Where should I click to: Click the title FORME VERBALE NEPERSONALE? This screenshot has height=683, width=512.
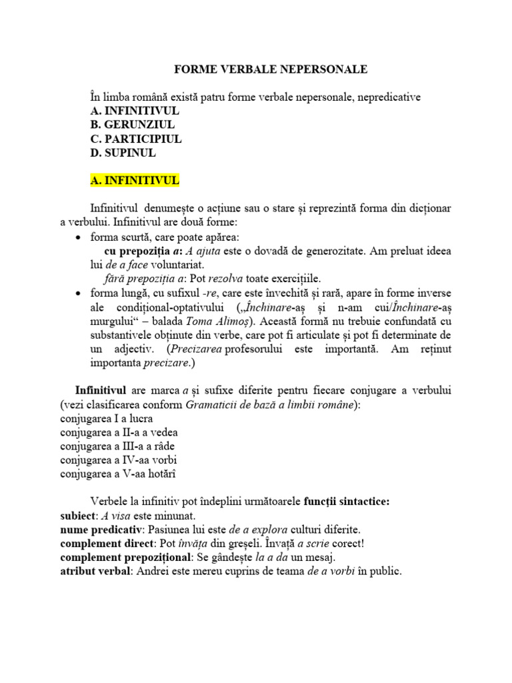point(270,69)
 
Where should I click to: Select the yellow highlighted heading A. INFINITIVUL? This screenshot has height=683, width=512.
point(135,181)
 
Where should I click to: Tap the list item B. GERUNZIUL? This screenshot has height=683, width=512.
point(133,125)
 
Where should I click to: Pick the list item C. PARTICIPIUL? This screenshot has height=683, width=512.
point(136,139)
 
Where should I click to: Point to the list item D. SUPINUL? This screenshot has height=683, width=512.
point(123,153)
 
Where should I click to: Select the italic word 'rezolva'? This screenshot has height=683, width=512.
point(228,279)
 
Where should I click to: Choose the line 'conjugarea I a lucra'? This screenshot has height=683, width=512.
point(107,419)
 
